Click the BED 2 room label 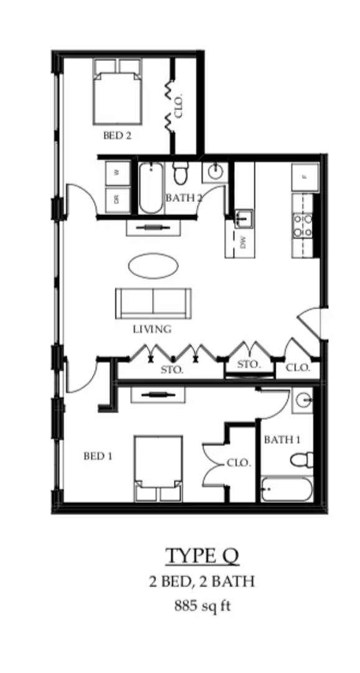[x=117, y=135]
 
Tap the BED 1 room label [x=98, y=456]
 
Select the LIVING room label [x=152, y=329]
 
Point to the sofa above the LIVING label [x=153, y=303]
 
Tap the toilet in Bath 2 [x=181, y=173]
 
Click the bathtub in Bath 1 [x=286, y=490]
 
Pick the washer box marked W [x=116, y=173]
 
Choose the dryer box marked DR [x=116, y=199]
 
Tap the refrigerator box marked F [x=305, y=177]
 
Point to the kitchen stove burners [x=303, y=226]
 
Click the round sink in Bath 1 [x=303, y=400]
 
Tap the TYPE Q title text [x=202, y=555]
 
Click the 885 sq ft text [x=202, y=605]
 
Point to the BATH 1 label [x=282, y=440]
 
